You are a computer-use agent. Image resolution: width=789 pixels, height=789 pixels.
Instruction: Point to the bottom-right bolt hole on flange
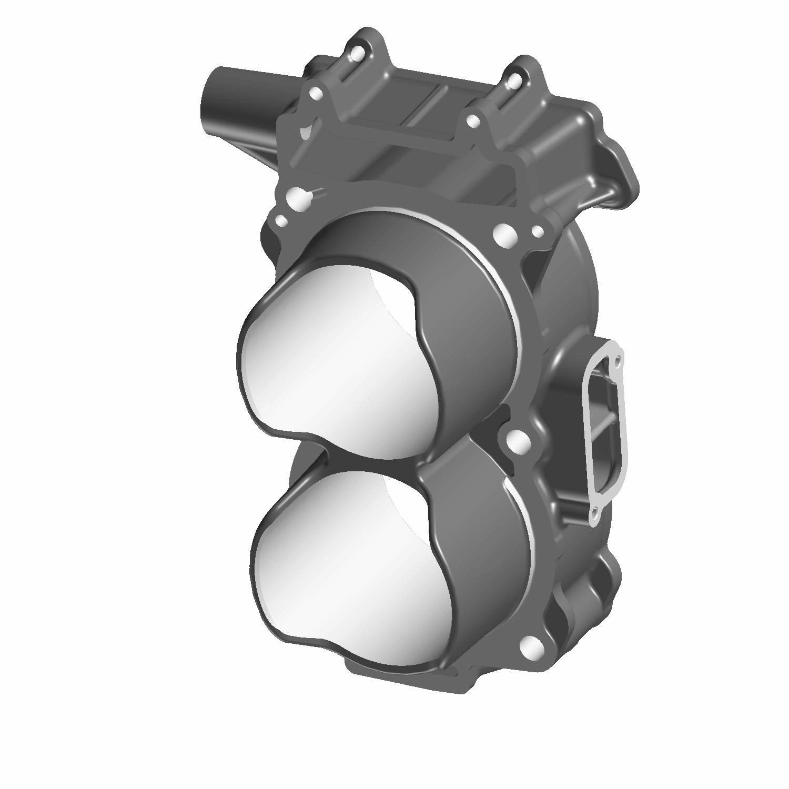click(x=532, y=645)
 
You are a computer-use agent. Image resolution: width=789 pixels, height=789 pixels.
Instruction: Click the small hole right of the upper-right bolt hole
click(x=538, y=231)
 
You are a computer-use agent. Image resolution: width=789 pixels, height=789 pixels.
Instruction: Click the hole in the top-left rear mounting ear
click(x=358, y=53)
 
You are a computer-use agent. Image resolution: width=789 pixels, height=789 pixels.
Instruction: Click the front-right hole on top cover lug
click(x=473, y=122)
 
